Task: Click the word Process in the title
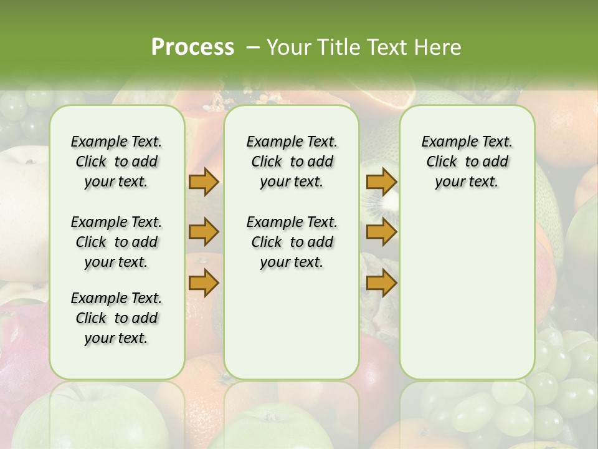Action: pyautogui.click(x=192, y=47)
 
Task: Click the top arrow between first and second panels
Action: pyautogui.click(x=203, y=182)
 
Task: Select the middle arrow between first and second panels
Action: pyautogui.click(x=203, y=233)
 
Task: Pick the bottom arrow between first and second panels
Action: pyautogui.click(x=203, y=282)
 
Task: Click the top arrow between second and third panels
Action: pyautogui.click(x=381, y=182)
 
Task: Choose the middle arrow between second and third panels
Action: pyautogui.click(x=381, y=233)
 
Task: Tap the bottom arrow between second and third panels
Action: pyautogui.click(x=381, y=282)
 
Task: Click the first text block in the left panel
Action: pyautogui.click(x=116, y=162)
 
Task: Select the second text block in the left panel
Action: pyautogui.click(x=116, y=242)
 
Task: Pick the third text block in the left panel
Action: pyautogui.click(x=116, y=318)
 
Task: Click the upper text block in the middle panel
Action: pyautogui.click(x=292, y=162)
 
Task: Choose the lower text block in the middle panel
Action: pyautogui.click(x=292, y=242)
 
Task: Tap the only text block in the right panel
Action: pyautogui.click(x=467, y=162)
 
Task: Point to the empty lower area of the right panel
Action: pyautogui.click(x=467, y=293)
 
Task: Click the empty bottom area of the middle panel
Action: pyautogui.click(x=292, y=331)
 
